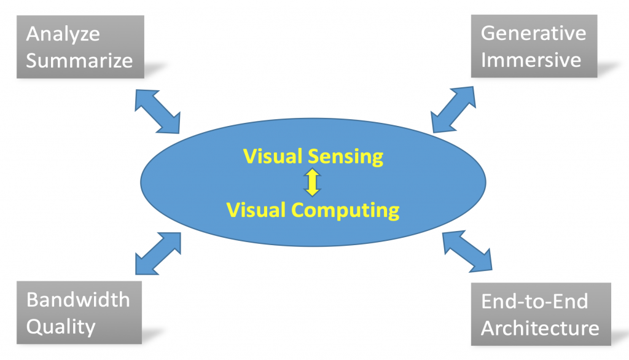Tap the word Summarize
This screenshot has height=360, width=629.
(79, 60)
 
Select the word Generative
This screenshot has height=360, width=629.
(533, 33)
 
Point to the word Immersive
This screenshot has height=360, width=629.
(531, 60)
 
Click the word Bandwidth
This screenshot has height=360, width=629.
(78, 299)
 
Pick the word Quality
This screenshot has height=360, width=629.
(61, 326)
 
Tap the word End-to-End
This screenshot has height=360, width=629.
(534, 301)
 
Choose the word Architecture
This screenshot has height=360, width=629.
(540, 327)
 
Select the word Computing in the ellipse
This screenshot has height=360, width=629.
(345, 210)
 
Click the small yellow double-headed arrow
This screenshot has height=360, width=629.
(313, 183)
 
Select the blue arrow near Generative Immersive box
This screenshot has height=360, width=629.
(453, 109)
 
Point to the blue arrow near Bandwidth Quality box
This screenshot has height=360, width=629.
(157, 252)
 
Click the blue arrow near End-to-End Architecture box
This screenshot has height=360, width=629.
(467, 251)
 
